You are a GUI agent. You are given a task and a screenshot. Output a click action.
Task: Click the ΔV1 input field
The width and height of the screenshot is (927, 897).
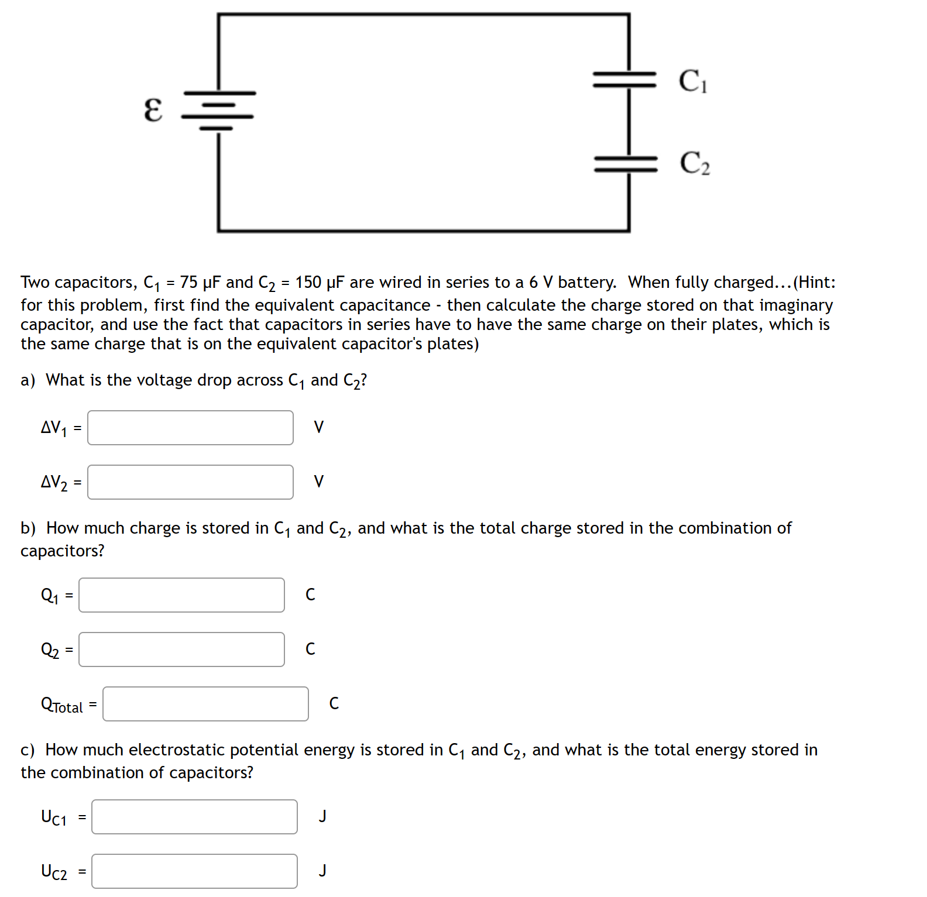click(x=190, y=428)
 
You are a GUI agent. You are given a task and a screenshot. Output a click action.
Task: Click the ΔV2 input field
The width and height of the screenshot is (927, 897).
click(x=190, y=482)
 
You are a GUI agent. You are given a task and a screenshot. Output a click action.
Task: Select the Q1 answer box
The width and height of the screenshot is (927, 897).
click(x=181, y=595)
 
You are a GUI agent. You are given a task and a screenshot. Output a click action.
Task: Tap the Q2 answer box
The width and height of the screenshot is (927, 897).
click(x=181, y=649)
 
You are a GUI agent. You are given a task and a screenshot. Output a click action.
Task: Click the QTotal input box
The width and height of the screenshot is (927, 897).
click(x=205, y=704)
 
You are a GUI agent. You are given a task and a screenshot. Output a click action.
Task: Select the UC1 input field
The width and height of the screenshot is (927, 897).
click(x=194, y=817)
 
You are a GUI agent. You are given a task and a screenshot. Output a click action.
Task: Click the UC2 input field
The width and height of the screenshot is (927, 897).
click(x=194, y=871)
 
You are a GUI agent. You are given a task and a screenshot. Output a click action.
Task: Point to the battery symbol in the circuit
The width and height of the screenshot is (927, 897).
click(x=218, y=110)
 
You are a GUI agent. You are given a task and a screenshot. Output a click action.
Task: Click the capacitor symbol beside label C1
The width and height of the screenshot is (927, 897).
click(x=625, y=80)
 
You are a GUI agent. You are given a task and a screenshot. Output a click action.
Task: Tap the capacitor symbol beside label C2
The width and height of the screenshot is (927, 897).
click(x=626, y=164)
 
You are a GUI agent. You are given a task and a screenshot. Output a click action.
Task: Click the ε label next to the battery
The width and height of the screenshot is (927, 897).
click(x=153, y=110)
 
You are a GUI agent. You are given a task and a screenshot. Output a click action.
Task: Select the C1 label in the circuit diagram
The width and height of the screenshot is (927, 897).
click(x=693, y=81)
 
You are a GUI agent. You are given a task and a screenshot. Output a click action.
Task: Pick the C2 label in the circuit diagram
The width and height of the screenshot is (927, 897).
click(x=695, y=163)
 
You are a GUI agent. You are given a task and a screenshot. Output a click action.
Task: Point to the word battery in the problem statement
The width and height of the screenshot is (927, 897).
click(x=586, y=283)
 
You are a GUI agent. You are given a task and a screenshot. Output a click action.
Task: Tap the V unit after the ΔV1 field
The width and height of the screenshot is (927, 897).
click(x=319, y=427)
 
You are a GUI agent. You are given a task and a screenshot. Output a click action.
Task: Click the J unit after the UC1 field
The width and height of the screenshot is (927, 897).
click(x=322, y=816)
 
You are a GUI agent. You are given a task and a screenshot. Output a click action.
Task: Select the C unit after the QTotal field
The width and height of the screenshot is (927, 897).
click(x=334, y=703)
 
